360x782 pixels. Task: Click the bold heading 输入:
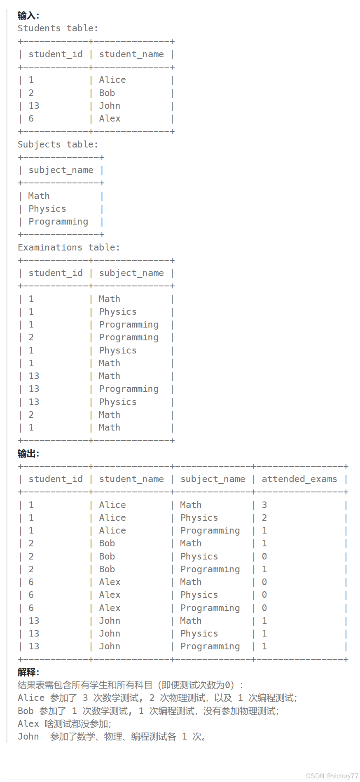click(x=28, y=16)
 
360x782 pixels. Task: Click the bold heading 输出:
click(x=28, y=454)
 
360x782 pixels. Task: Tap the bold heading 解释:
click(x=28, y=672)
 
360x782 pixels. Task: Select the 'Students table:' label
click(x=58, y=28)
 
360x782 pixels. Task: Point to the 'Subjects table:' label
click(x=58, y=145)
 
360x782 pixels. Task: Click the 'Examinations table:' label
click(x=68, y=248)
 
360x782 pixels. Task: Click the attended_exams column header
click(x=299, y=479)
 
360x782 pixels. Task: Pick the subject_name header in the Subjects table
click(x=61, y=170)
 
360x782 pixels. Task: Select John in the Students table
click(x=110, y=106)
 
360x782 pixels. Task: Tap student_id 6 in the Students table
click(x=31, y=119)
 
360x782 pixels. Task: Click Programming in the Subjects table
click(x=58, y=222)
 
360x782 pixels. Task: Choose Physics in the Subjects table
click(x=47, y=209)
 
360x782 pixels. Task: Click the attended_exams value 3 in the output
click(x=264, y=505)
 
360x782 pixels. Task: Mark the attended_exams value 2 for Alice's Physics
click(x=264, y=518)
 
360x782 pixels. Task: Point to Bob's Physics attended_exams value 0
click(x=264, y=557)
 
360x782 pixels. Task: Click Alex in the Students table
click(x=110, y=119)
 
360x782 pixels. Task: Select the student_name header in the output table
click(x=131, y=479)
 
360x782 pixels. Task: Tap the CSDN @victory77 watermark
click(x=332, y=776)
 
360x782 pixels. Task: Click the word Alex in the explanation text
click(x=28, y=724)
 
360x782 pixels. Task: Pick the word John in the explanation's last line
click(x=28, y=737)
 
